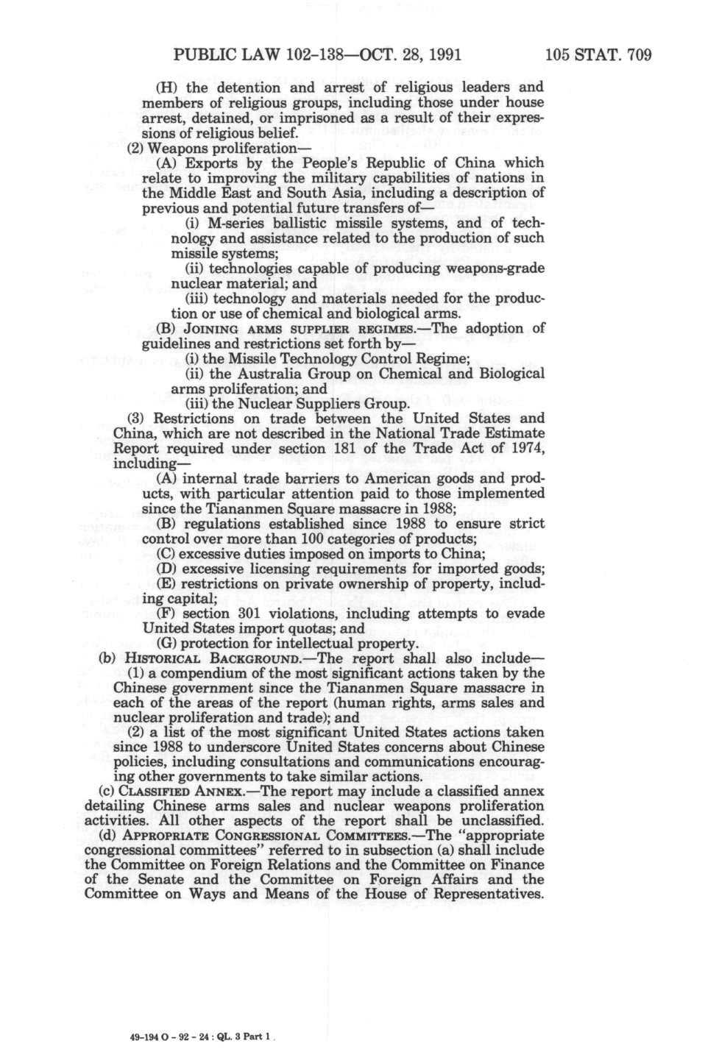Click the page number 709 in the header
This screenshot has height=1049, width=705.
tap(637, 55)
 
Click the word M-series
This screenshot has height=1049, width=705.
tap(236, 223)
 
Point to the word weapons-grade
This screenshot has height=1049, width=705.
tap(503, 268)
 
